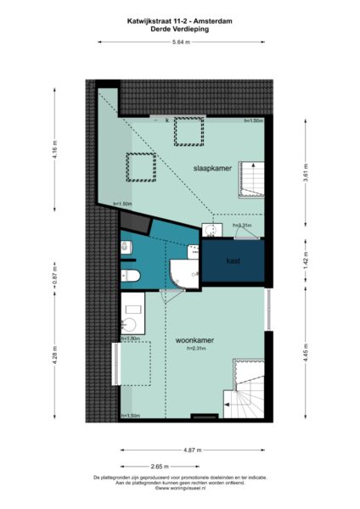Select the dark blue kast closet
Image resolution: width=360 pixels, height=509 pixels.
click(x=233, y=260)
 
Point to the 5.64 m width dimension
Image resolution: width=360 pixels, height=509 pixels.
click(x=179, y=42)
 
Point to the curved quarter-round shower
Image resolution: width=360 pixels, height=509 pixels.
click(x=182, y=272)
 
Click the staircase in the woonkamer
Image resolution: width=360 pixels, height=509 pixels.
click(x=247, y=387)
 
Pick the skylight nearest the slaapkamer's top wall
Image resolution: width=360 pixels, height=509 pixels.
click(x=188, y=131)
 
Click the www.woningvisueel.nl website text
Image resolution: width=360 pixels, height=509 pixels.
click(x=180, y=488)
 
